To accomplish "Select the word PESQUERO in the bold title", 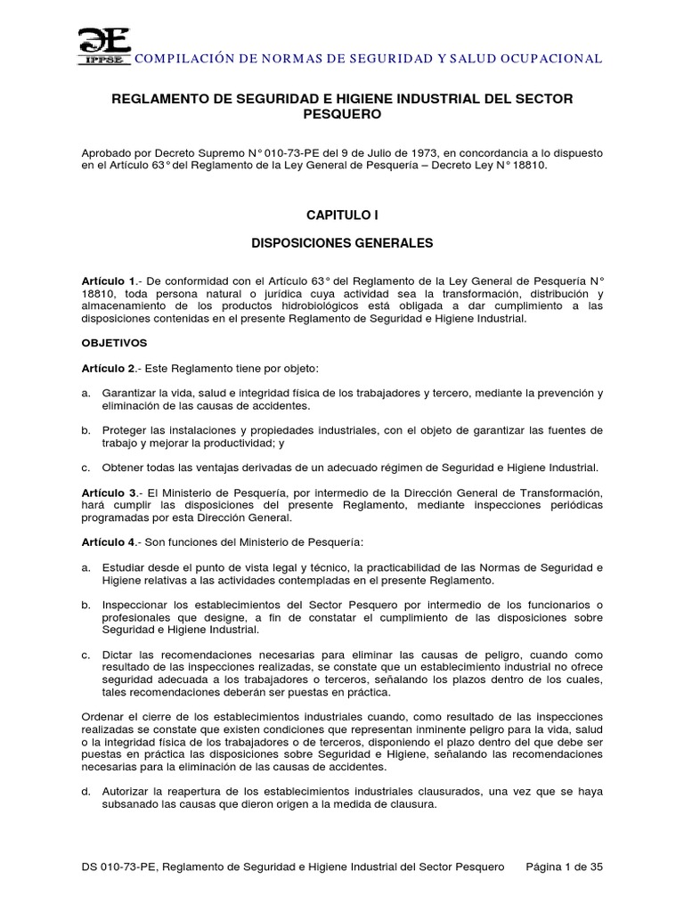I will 342,115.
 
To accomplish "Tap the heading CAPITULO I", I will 342,215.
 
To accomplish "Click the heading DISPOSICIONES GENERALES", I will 342,242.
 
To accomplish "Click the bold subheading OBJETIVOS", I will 113,342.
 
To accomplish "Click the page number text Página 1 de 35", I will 566,867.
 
